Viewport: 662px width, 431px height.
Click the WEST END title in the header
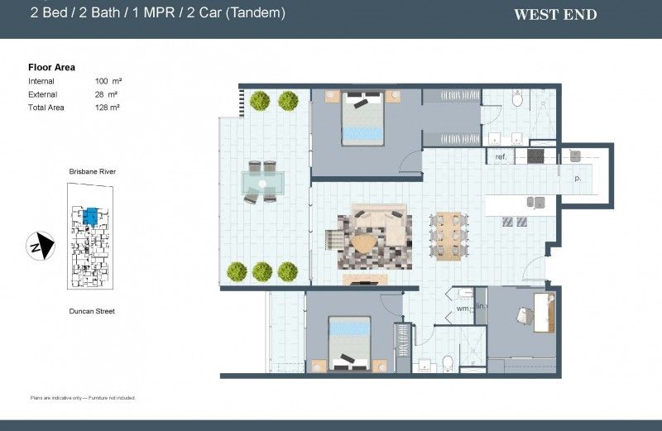point(555,14)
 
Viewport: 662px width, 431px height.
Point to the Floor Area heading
point(51,67)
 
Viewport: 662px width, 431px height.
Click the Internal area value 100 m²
point(106,81)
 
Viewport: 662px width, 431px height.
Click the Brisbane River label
point(92,170)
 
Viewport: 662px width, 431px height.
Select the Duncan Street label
point(92,311)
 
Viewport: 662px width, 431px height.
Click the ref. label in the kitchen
point(501,156)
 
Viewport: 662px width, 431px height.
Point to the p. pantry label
point(577,177)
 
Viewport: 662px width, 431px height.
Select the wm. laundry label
point(463,309)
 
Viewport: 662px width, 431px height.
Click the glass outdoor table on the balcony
point(261,181)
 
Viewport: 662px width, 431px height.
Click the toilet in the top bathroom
point(518,100)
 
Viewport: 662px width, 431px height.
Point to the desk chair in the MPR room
point(525,315)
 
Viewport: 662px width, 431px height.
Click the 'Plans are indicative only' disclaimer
point(82,398)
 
